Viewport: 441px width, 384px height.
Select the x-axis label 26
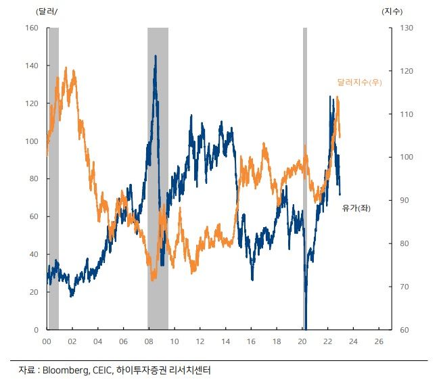(379, 341)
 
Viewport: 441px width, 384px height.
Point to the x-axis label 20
(302, 341)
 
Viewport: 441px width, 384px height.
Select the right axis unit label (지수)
(393, 11)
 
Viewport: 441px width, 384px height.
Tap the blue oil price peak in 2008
(155, 57)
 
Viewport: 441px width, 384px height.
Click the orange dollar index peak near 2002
(66, 68)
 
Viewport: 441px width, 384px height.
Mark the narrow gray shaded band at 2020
(304, 178)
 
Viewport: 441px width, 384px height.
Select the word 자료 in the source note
(26, 370)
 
